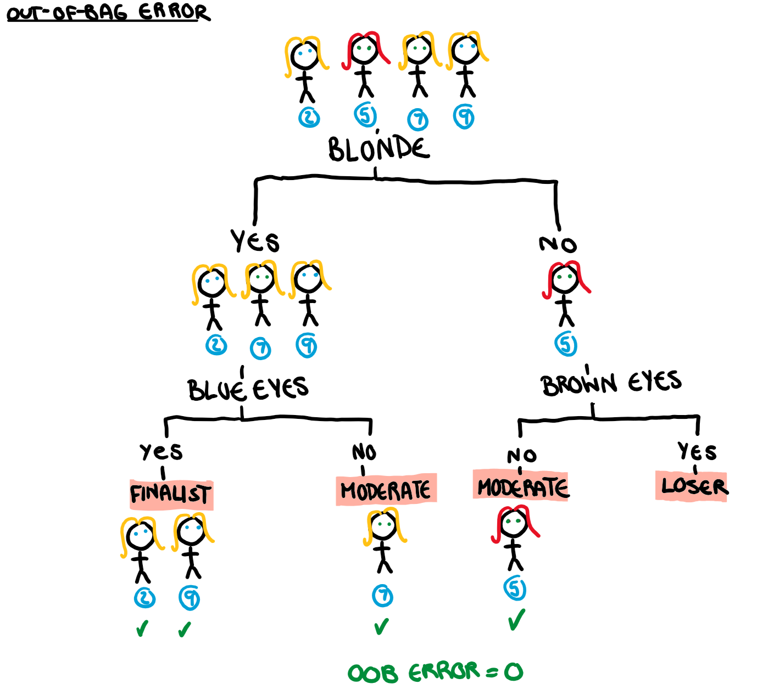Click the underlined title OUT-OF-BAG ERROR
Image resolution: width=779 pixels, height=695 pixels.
pyautogui.click(x=108, y=12)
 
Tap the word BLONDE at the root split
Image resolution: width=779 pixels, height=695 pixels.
pyautogui.click(x=379, y=149)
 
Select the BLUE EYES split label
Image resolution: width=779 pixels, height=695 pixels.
pyautogui.click(x=248, y=389)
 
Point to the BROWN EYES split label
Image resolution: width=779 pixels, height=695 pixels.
pyautogui.click(x=611, y=383)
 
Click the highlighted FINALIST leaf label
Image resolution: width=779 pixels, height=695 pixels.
pyautogui.click(x=171, y=494)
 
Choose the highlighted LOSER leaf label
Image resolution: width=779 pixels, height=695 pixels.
pyautogui.click(x=693, y=486)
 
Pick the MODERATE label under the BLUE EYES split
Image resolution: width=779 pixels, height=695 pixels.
pyautogui.click(x=386, y=490)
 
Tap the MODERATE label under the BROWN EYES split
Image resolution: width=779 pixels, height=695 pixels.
pyautogui.click(x=522, y=487)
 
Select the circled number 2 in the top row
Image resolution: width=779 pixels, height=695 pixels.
pyautogui.click(x=309, y=117)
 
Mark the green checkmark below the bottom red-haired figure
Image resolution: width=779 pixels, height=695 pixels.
pyautogui.click(x=516, y=620)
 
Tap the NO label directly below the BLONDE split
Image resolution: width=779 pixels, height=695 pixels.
pyautogui.click(x=558, y=244)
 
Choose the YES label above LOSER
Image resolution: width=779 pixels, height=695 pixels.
pyautogui.click(x=697, y=452)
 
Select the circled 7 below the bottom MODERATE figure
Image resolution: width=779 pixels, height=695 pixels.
pyautogui.click(x=382, y=596)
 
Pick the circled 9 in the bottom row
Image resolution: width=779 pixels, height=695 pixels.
pyautogui.click(x=190, y=598)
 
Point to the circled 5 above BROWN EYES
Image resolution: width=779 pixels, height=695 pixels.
pyautogui.click(x=566, y=345)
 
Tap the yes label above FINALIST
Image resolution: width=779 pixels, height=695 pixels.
pyautogui.click(x=161, y=452)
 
